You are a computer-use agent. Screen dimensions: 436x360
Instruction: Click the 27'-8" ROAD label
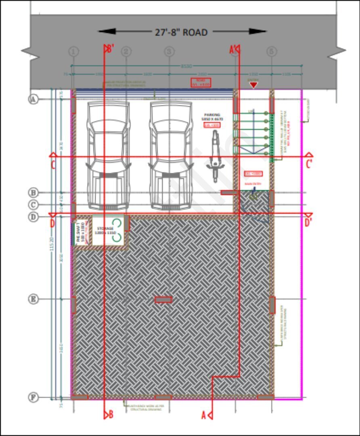coord(181,32)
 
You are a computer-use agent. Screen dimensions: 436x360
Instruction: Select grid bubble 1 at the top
coord(73,52)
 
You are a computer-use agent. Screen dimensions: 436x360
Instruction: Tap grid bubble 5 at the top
coord(272,52)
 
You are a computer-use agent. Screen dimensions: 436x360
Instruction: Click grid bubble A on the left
coord(33,99)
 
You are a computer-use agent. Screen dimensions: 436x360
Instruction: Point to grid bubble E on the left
coord(33,299)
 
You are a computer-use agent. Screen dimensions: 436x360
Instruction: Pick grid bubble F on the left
coord(33,398)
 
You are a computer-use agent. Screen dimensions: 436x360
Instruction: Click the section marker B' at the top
coord(109,49)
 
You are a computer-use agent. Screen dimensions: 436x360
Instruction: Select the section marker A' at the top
coord(234,50)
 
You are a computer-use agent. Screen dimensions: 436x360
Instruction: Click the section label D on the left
coord(52,223)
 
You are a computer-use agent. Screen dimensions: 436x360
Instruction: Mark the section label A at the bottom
coord(204,415)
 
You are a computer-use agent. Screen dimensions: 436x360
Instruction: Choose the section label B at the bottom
coord(111,415)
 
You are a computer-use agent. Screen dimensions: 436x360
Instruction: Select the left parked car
coord(108,155)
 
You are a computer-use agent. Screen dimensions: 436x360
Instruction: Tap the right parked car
coord(171,155)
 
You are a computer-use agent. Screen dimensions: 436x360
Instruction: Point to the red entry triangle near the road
coord(253,85)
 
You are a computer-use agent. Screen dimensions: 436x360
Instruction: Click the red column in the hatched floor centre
coord(163,300)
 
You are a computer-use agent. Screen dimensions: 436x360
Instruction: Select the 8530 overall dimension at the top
coord(186,65)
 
